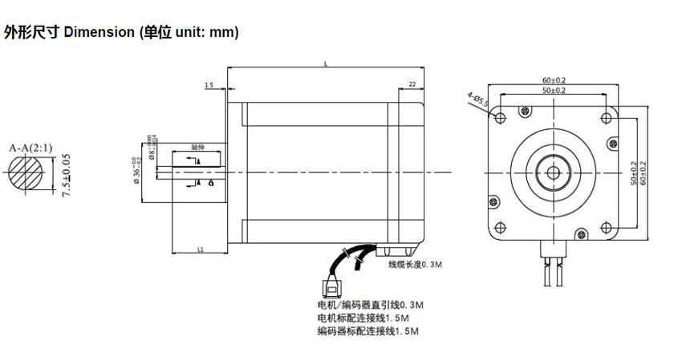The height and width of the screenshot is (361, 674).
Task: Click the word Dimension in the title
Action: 98,33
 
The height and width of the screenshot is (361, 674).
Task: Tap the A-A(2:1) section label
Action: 30,148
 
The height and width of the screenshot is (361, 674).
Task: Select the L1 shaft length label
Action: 199,250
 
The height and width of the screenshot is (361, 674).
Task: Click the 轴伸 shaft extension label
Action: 197,148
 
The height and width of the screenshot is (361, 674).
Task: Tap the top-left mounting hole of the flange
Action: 501,119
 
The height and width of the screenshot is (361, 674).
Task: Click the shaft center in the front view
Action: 553,172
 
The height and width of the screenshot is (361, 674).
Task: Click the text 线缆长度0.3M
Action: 415,264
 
